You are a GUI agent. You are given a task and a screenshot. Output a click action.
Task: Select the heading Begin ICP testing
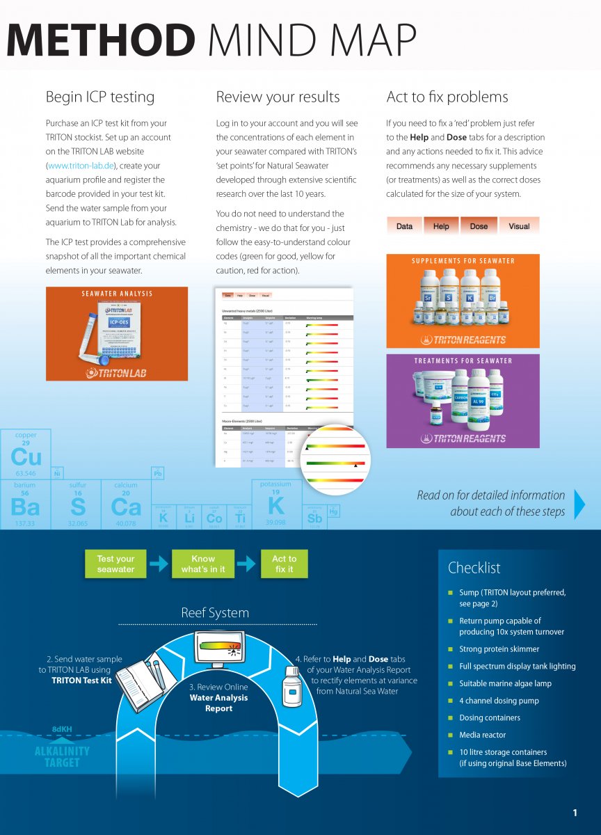coord(99,97)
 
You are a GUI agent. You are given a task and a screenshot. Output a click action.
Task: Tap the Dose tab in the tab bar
coord(479,226)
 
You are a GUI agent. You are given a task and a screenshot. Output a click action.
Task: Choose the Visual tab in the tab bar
coord(518,226)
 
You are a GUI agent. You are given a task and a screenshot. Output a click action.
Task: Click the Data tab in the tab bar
coord(404,226)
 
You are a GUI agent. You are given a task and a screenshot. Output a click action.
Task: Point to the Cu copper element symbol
coord(26,456)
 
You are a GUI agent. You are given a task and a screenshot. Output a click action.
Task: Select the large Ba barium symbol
coord(25,507)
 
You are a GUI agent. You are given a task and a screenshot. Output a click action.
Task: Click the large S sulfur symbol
coord(78,507)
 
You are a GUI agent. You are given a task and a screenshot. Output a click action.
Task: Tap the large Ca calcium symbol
coord(126,507)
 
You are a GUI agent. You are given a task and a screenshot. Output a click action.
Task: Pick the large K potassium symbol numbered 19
coord(276,505)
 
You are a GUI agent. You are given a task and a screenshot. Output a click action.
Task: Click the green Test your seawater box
coord(115,564)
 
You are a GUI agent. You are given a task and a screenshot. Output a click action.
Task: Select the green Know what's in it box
coord(203,564)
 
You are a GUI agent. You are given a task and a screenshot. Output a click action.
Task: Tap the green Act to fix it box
coord(284,564)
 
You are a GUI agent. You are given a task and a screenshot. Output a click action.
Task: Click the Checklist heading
coord(474,568)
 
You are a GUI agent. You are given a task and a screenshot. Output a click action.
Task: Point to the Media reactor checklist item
coord(482,735)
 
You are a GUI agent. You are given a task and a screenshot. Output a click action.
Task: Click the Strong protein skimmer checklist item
coord(499,649)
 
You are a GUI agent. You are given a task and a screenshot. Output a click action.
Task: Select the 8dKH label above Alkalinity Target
coord(62,729)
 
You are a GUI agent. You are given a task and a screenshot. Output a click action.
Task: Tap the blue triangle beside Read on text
coord(579,503)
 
